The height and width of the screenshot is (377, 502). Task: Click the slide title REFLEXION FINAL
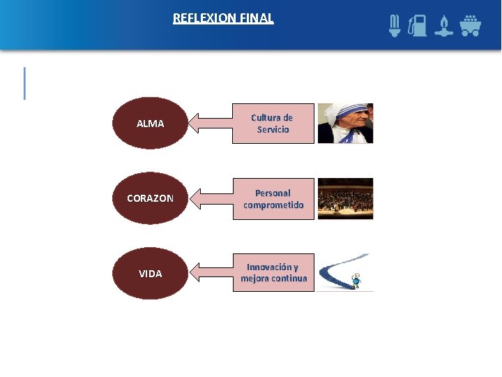pos(223,18)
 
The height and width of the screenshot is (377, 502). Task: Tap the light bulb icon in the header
pos(395,26)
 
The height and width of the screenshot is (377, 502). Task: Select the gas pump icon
pos(418,26)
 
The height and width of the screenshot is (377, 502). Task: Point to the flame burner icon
pos(443,26)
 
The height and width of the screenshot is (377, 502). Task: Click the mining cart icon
pos(470,26)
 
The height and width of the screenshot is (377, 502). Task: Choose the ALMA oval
pos(150,124)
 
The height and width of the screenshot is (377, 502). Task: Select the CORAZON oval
pos(150,198)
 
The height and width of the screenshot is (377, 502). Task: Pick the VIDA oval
pos(150,274)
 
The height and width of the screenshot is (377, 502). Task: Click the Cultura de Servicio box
pos(273,124)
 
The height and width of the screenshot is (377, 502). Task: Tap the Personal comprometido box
pos(273,199)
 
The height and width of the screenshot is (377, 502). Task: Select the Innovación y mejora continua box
pos(273,273)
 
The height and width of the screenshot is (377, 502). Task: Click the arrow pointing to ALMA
pos(211,124)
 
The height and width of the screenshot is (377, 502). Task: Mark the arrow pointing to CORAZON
pos(211,199)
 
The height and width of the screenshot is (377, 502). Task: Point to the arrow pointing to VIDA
pos(211,274)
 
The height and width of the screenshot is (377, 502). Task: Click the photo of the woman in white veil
pos(345,124)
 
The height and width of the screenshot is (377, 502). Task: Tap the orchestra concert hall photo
pos(345,199)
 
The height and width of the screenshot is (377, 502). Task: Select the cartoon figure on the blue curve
pos(356,280)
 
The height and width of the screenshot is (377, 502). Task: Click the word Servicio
pos(273,130)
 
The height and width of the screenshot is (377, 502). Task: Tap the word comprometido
pos(273,205)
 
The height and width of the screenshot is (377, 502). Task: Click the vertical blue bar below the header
pos(25,83)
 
